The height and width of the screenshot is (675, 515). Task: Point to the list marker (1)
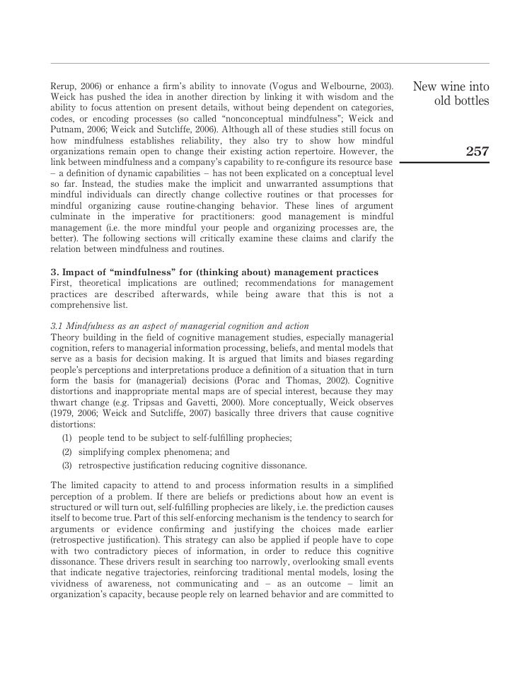(67, 438)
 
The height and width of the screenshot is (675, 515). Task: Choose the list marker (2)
(67, 451)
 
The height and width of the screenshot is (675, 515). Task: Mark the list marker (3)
(67, 466)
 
